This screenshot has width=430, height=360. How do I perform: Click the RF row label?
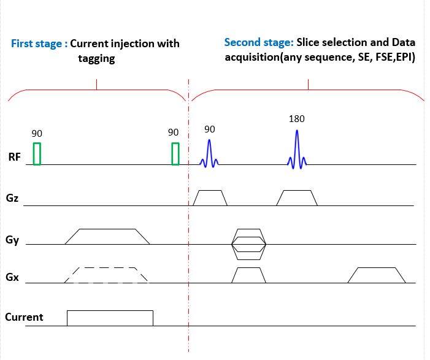(14, 157)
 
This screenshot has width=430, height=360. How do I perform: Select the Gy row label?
(12, 240)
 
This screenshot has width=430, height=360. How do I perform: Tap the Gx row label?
(12, 278)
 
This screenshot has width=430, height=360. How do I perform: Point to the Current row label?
(24, 317)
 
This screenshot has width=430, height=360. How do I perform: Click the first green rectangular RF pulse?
(37, 153)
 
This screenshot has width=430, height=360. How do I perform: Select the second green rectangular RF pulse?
(175, 153)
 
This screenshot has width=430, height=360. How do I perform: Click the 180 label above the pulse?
(296, 119)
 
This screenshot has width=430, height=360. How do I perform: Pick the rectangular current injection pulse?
(110, 318)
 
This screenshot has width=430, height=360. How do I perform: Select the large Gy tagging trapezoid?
(107, 237)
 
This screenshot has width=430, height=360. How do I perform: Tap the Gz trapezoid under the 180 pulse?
(297, 197)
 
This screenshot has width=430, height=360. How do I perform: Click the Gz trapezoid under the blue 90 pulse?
(210, 197)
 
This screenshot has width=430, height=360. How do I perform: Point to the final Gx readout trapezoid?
(377, 275)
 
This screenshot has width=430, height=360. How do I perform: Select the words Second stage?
(258, 42)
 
